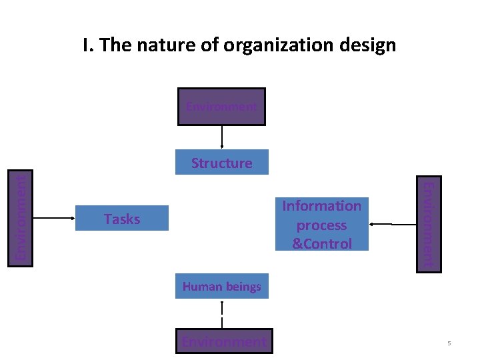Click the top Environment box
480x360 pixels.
click(x=221, y=107)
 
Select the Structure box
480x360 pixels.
click(x=221, y=163)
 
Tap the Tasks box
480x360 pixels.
click(x=122, y=219)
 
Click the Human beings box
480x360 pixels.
click(x=221, y=287)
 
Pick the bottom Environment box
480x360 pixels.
click(x=224, y=342)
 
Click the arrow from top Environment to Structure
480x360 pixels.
click(x=222, y=137)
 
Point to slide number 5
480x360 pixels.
click(x=449, y=343)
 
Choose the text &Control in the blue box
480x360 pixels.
click(x=322, y=244)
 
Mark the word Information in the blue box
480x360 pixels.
click(x=322, y=206)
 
